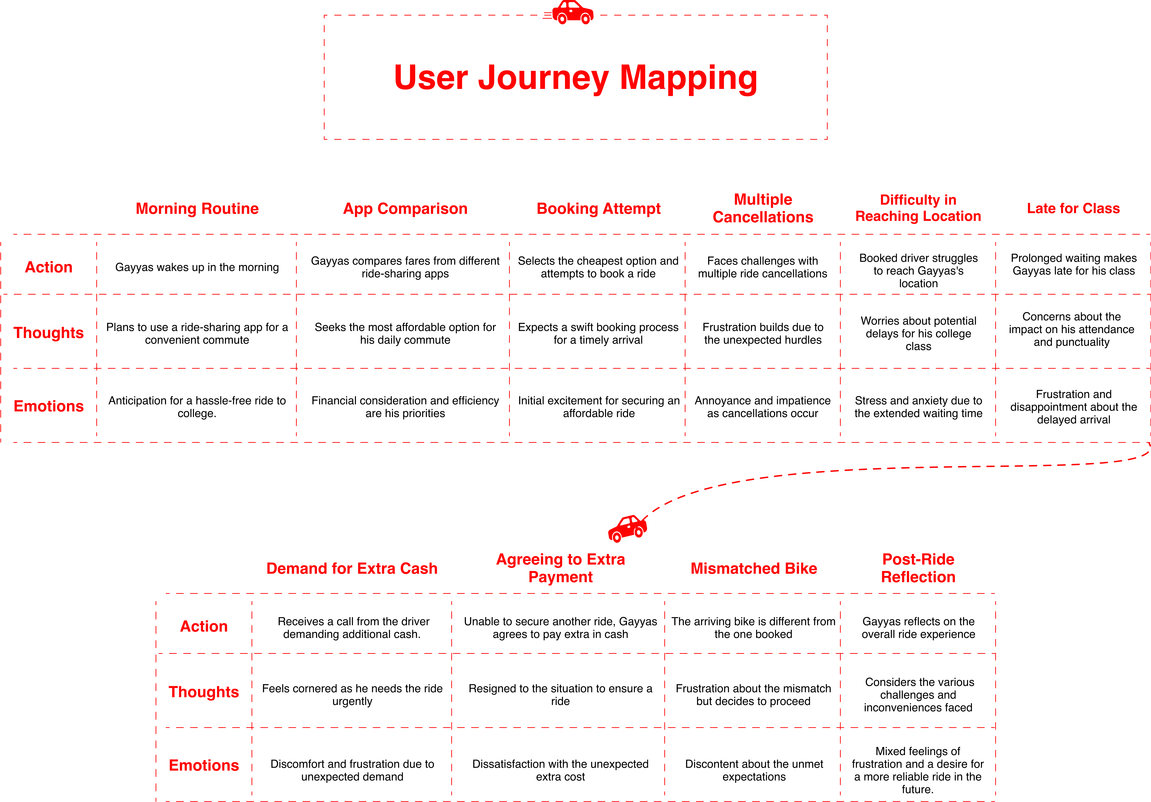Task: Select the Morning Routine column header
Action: (197, 209)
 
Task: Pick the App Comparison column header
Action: (405, 209)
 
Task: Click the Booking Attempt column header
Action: (599, 209)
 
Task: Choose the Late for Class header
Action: (1073, 209)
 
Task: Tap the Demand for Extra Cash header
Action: (352, 568)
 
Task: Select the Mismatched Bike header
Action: (753, 568)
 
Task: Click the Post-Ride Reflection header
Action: (918, 568)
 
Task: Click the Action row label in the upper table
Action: (49, 267)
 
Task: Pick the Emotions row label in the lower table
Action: (204, 765)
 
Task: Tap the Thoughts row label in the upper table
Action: (49, 333)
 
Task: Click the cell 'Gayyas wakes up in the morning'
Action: (197, 267)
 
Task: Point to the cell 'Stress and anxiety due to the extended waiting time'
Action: (918, 407)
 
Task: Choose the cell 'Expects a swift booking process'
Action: (598, 333)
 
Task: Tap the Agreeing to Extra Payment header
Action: (560, 568)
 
